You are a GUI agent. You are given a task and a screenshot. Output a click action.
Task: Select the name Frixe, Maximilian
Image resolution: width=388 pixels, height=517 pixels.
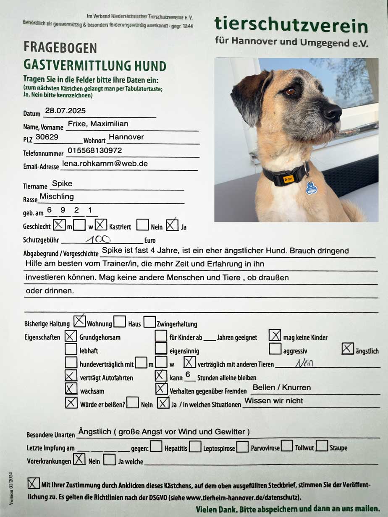pos(98,124)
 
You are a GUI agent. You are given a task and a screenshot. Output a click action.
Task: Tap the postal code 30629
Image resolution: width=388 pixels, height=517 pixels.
pos(47,137)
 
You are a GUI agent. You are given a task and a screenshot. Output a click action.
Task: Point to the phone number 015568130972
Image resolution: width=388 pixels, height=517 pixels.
pos(94,150)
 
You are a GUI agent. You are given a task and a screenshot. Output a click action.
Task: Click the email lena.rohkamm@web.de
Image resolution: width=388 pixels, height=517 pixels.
pos(105,164)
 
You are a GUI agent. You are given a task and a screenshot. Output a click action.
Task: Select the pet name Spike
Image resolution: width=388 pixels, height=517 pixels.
pos(62,184)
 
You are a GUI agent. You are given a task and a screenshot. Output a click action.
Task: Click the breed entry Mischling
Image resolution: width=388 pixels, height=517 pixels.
pos(57,196)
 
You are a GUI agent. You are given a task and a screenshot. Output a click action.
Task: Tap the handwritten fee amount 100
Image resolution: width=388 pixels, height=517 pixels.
pos(98,239)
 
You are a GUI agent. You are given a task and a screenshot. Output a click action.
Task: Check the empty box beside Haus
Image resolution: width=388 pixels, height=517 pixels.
pos(120,322)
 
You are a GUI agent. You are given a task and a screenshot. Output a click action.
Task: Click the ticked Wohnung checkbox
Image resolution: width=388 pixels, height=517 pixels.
pos(79,322)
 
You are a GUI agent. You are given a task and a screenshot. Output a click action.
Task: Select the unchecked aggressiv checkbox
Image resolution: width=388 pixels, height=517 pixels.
pos(275,349)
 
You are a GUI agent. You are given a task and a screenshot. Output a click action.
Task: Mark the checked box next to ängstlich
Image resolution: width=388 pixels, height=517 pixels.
pos(348,349)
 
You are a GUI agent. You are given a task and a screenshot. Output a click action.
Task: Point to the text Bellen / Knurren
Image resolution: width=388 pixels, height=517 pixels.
pos(282,387)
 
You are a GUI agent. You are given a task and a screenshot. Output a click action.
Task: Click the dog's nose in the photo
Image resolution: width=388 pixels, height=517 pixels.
pos(333,112)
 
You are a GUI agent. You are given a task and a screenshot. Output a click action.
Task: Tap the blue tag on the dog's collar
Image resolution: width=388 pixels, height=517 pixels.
pos(311,188)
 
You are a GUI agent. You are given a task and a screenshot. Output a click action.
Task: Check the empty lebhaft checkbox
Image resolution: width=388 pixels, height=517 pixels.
pos(71,349)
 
